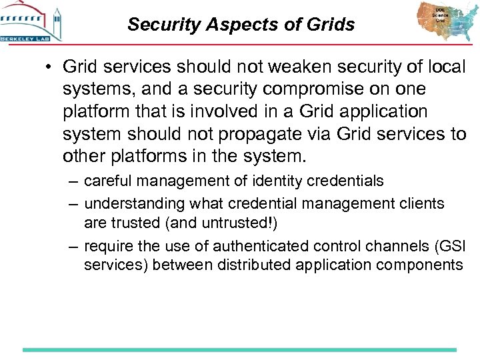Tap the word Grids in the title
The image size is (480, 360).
pos(333,25)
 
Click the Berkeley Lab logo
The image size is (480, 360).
pos(31,22)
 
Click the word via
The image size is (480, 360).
pos(306,133)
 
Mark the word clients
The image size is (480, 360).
pos(423,203)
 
